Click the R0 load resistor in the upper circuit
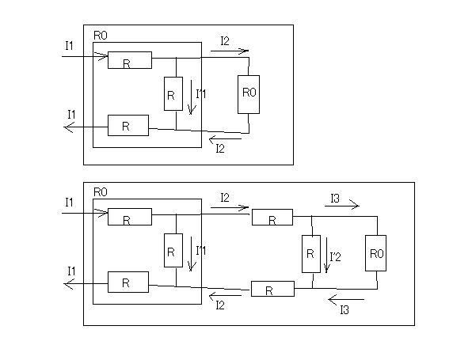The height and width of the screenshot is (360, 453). pos(249,94)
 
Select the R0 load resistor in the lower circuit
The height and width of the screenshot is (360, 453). pos(375,253)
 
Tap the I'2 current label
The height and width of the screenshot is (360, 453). pos(336,256)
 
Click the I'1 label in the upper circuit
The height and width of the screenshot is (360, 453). pos(201,94)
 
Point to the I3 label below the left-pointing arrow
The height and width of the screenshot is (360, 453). pos(345,310)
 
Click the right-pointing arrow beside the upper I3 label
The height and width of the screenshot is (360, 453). pos(342,206)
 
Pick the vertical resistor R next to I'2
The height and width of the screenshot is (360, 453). pos(311,254)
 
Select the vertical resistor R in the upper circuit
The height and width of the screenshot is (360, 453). pos(173,93)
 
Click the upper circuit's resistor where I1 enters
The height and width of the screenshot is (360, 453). pos(130,60)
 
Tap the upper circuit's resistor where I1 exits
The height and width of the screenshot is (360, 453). pos(128,125)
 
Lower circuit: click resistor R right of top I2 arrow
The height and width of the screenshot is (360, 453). pos(272,217)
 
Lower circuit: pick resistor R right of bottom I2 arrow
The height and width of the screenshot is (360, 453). pos(272,289)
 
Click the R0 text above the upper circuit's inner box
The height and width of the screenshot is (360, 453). pos(101,36)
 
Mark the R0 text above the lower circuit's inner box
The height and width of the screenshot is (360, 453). pos(101,192)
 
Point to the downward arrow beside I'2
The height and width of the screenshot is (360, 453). pos(326,256)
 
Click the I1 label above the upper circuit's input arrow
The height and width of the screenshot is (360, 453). pos(69,46)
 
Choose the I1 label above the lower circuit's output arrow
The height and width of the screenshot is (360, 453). pos(71,271)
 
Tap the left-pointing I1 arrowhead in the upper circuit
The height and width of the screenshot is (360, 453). pos(69,127)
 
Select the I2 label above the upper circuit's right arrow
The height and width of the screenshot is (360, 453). pos(225,41)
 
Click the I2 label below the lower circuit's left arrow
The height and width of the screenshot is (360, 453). pos(220,305)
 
